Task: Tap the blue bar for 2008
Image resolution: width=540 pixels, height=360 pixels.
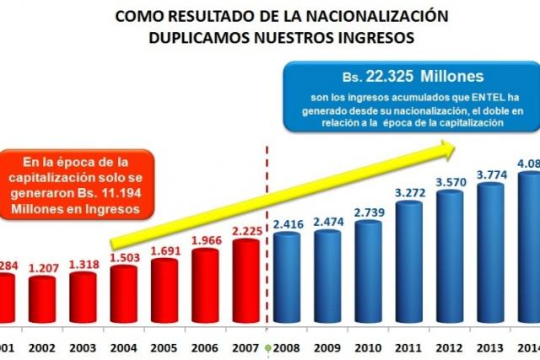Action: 286,278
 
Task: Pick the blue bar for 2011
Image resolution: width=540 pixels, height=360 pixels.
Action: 409,262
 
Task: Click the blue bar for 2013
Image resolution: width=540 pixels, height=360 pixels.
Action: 490,253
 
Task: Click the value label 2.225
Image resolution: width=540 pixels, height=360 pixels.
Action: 246,230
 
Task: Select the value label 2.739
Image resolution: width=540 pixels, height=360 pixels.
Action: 369,212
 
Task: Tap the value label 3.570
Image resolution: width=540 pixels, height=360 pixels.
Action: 450,181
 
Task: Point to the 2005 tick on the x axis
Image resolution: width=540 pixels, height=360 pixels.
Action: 165,346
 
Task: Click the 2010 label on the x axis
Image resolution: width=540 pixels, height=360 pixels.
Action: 369,346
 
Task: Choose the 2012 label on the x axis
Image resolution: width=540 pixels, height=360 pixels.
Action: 450,346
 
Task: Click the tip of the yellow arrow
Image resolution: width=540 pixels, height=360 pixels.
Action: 456,146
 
